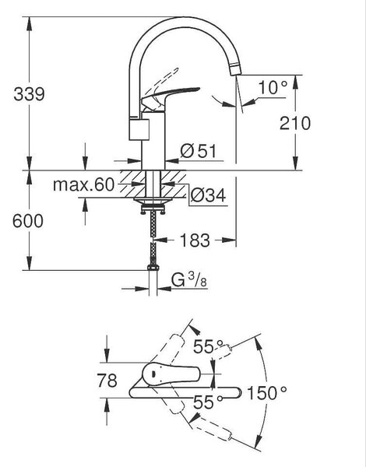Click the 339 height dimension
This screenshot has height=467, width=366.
(29, 94)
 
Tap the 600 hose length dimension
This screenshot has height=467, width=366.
(28, 221)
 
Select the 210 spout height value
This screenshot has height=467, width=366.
(295, 123)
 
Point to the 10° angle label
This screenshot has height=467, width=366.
(273, 87)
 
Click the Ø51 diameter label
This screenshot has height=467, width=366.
(199, 151)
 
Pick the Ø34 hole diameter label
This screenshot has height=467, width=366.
(208, 195)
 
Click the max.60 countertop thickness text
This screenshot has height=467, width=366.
(83, 184)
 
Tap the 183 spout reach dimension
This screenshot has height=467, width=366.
(195, 240)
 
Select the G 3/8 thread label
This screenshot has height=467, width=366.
(189, 280)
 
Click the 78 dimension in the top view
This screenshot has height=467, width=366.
(107, 381)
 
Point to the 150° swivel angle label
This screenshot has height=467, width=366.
(267, 393)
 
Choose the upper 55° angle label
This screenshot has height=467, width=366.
(208, 346)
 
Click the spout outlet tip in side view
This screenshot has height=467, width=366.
(236, 70)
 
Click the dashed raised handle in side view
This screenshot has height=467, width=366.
(164, 80)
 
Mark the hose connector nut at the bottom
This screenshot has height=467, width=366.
(153, 267)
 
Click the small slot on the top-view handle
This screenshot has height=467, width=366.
(153, 374)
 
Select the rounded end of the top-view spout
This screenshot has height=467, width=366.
(238, 392)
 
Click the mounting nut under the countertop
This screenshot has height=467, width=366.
(153, 205)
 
